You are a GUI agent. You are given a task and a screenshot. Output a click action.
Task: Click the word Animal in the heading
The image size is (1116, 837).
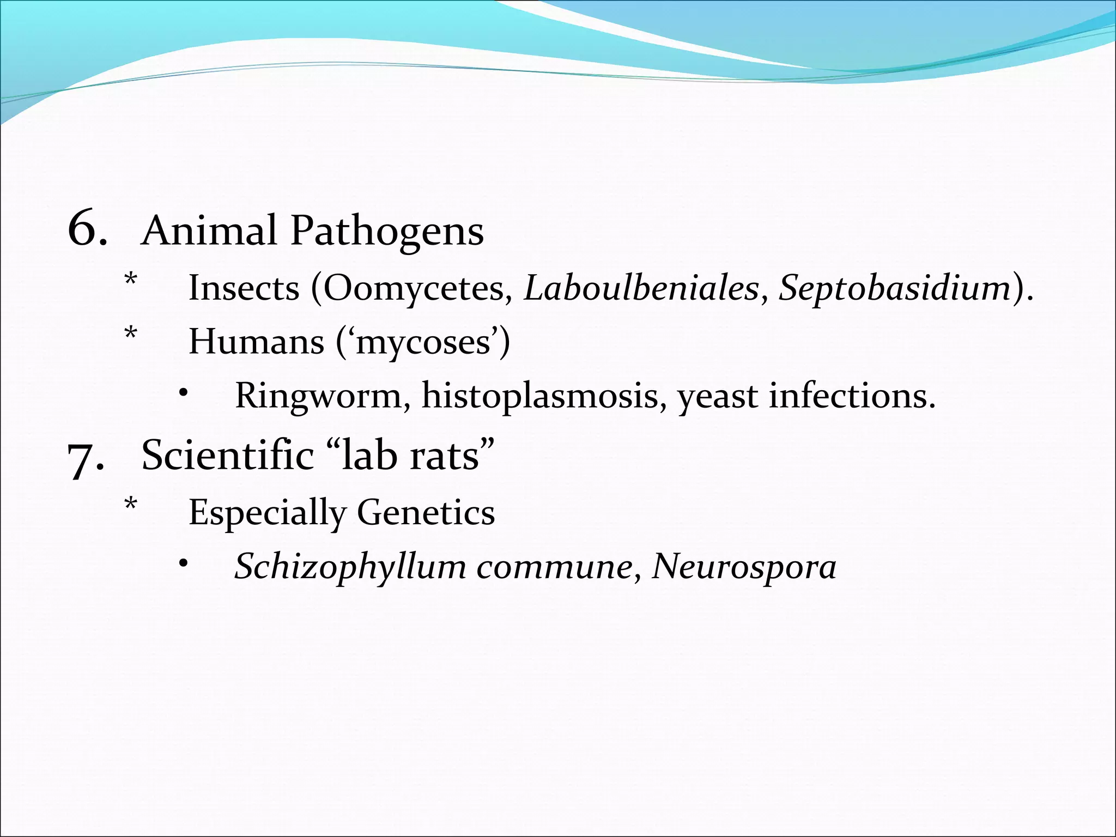[209, 231]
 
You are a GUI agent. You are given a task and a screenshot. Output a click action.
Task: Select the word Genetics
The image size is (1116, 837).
[426, 513]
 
